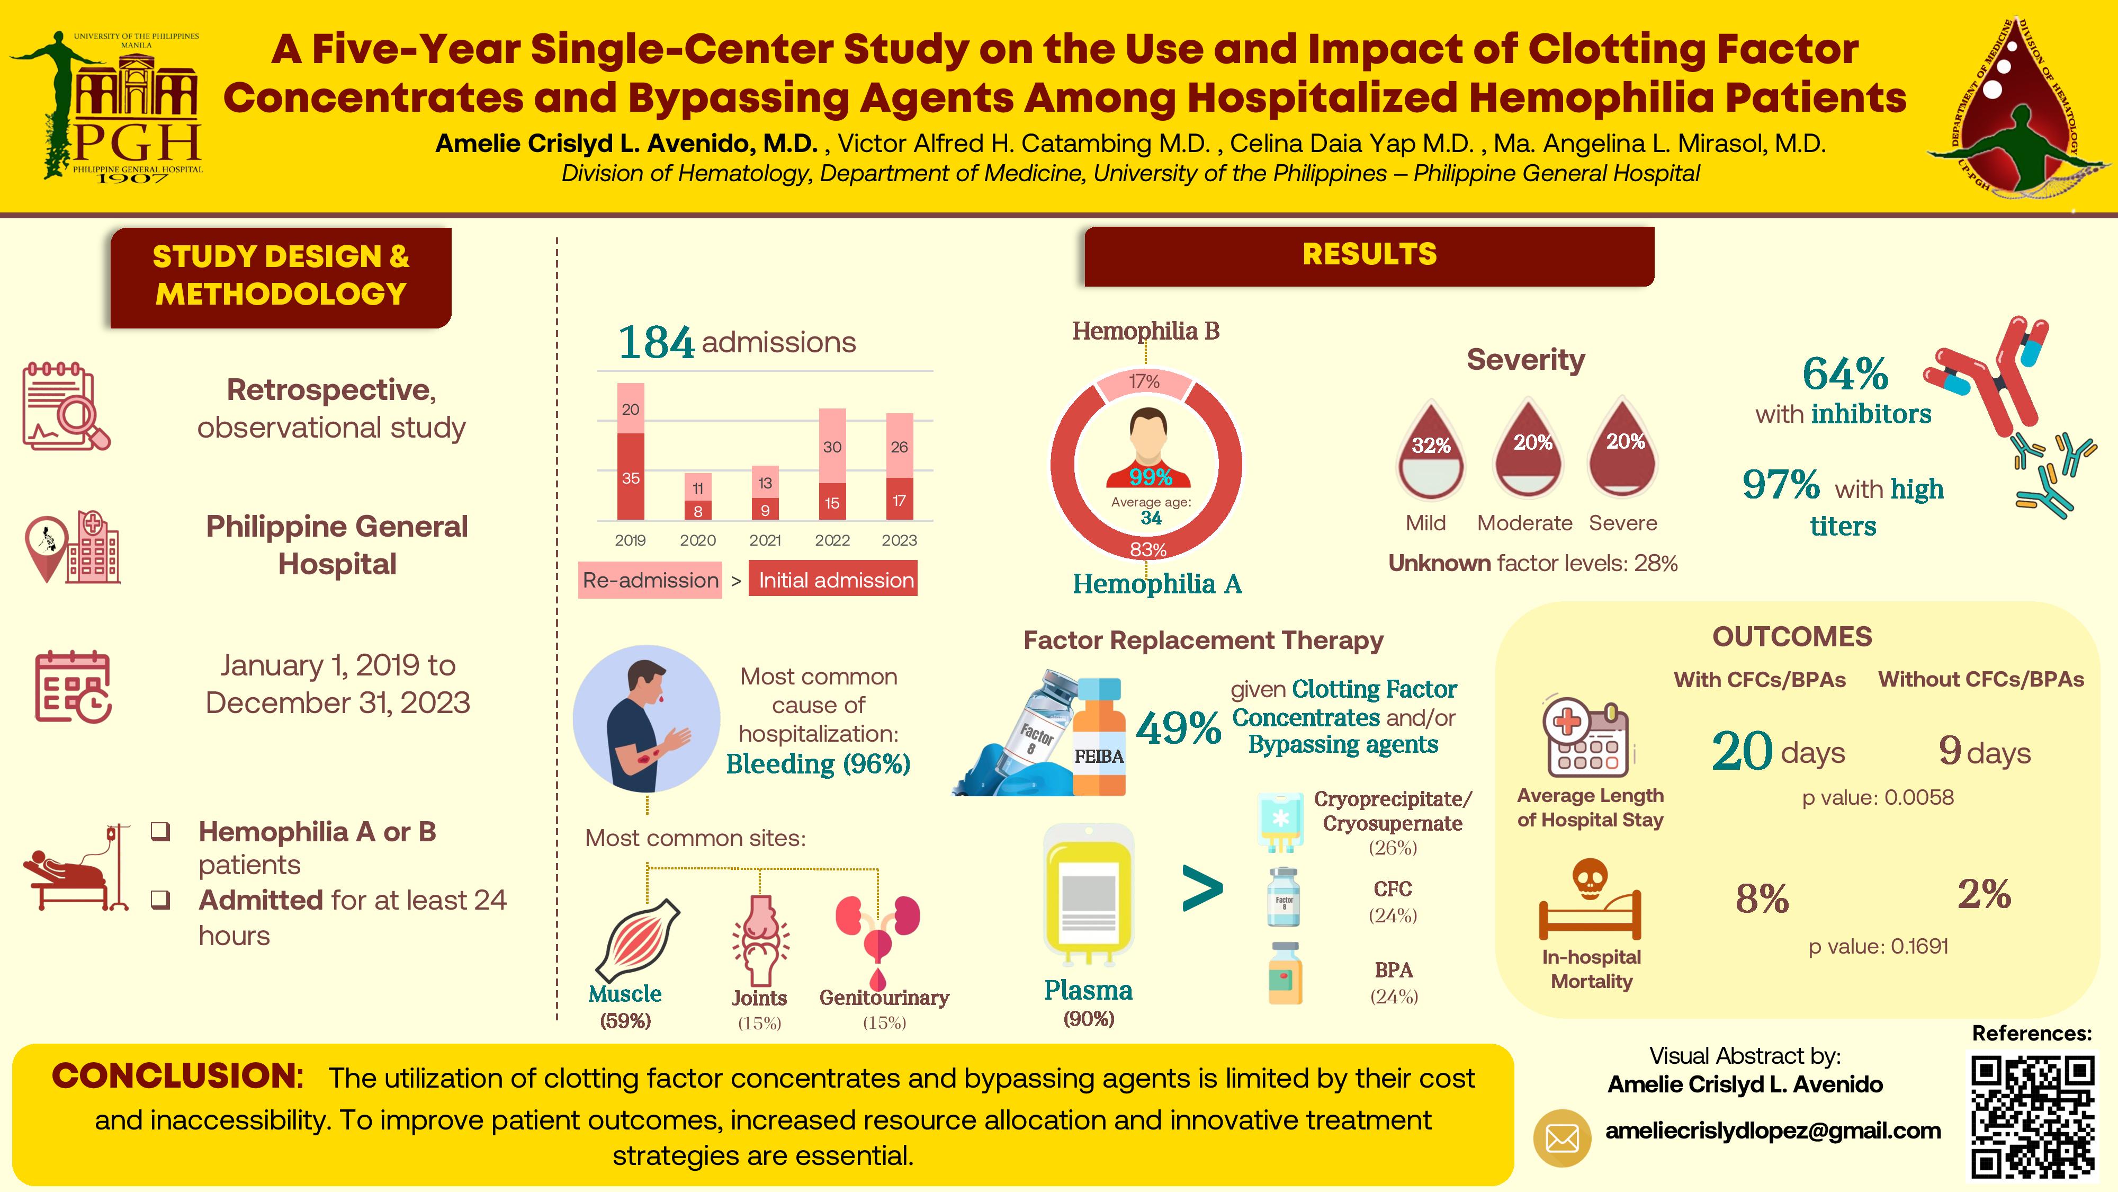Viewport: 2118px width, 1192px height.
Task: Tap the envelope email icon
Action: click(x=1561, y=1138)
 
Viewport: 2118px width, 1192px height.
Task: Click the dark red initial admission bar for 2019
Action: click(x=631, y=476)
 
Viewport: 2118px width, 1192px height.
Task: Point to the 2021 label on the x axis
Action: click(x=765, y=540)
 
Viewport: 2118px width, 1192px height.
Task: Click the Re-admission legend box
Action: click(x=650, y=580)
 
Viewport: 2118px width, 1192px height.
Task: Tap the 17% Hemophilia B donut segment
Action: click(x=1144, y=382)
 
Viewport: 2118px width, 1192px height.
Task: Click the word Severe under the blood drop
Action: click(x=1623, y=523)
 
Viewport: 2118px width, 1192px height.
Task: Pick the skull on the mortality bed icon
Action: click(x=1590, y=878)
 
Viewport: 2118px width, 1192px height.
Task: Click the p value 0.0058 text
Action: click(x=1878, y=797)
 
